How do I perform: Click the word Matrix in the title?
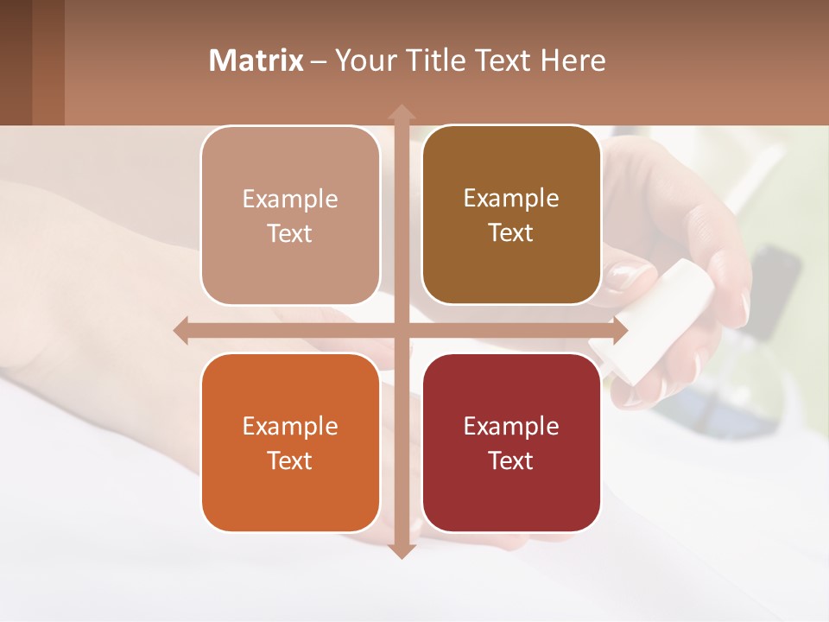pyautogui.click(x=256, y=60)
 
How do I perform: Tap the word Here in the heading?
pyautogui.click(x=573, y=60)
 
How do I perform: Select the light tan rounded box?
pyautogui.click(x=290, y=216)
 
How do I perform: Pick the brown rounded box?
pyautogui.click(x=511, y=215)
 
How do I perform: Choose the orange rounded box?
pyautogui.click(x=290, y=442)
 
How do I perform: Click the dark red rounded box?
pyautogui.click(x=511, y=442)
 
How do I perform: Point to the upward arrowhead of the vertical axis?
pyautogui.click(x=401, y=112)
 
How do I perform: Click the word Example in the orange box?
pyautogui.click(x=290, y=426)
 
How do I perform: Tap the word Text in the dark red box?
pyautogui.click(x=511, y=460)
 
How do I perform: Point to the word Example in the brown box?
pyautogui.click(x=511, y=198)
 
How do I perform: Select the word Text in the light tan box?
pyautogui.click(x=290, y=233)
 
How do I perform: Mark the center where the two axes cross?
pyautogui.click(x=401, y=330)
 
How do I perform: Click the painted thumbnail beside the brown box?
pyautogui.click(x=629, y=278)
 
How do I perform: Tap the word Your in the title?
pyautogui.click(x=364, y=60)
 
